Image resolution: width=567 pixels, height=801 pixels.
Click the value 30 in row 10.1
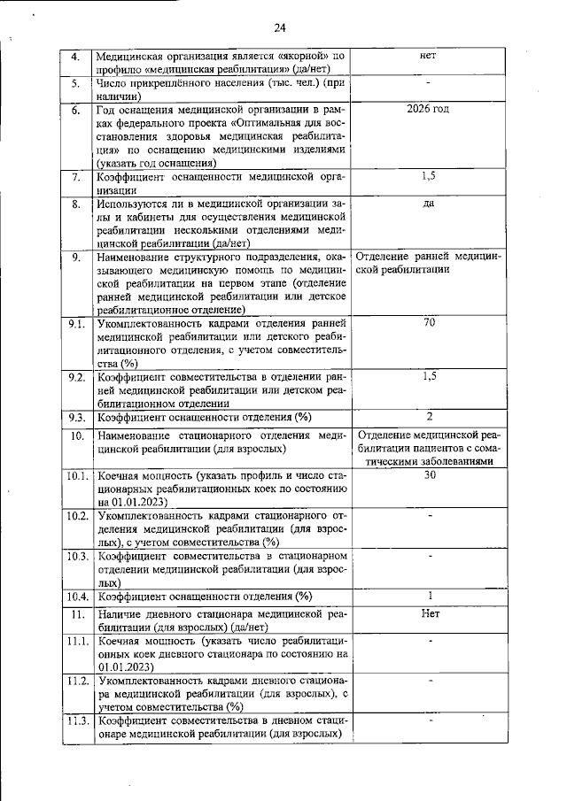(429, 474)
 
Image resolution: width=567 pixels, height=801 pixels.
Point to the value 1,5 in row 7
(429, 177)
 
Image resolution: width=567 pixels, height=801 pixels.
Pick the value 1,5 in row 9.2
(429, 376)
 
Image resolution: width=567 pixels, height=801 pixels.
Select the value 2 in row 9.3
(429, 416)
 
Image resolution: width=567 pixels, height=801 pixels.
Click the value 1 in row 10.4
(429, 596)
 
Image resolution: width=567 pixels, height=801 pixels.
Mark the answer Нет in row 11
(429, 612)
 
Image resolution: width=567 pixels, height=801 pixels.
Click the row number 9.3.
(78, 417)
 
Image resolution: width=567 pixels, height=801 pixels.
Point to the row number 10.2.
(78, 516)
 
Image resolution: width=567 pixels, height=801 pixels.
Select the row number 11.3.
(78, 720)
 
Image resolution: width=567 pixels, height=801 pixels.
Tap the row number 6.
(77, 110)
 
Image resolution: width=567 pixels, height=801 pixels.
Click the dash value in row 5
(429, 82)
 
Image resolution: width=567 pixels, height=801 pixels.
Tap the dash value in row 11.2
(429, 681)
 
